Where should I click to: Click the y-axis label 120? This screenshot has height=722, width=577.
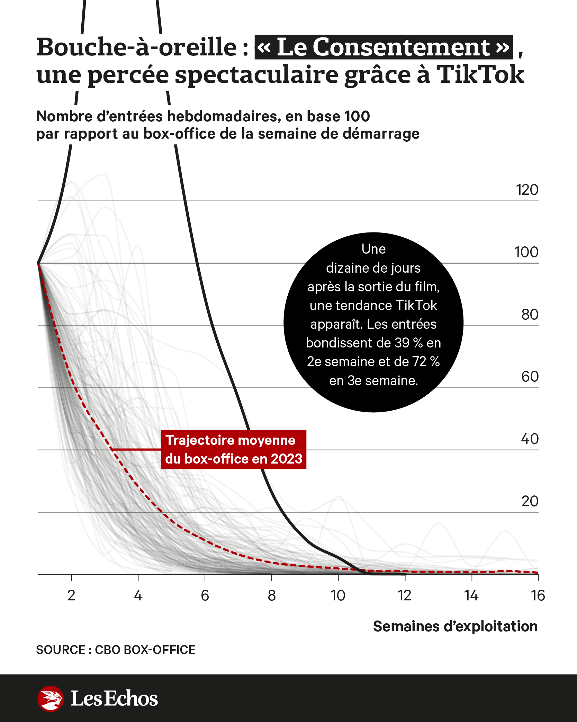[x=527, y=190]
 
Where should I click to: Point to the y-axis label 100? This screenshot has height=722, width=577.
[x=526, y=252]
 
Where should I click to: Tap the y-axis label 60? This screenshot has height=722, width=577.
[x=530, y=377]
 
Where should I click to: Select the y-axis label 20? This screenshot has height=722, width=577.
[x=530, y=501]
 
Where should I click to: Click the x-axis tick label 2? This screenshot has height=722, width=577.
[x=71, y=596]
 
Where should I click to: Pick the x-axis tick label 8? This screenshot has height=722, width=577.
[x=272, y=596]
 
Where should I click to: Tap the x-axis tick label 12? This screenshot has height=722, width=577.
[x=404, y=596]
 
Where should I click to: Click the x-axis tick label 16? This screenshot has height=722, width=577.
[x=538, y=596]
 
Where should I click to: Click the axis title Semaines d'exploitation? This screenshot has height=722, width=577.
[x=455, y=626]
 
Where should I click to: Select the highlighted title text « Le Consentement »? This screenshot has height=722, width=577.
[x=384, y=47]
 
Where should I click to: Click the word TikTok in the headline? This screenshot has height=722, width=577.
[x=480, y=74]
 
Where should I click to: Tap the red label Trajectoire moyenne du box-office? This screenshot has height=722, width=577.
[x=234, y=449]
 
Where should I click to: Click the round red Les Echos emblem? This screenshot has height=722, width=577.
[x=51, y=698]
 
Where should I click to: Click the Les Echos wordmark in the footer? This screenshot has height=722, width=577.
[x=114, y=698]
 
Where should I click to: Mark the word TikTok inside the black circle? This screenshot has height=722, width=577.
[x=416, y=306]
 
